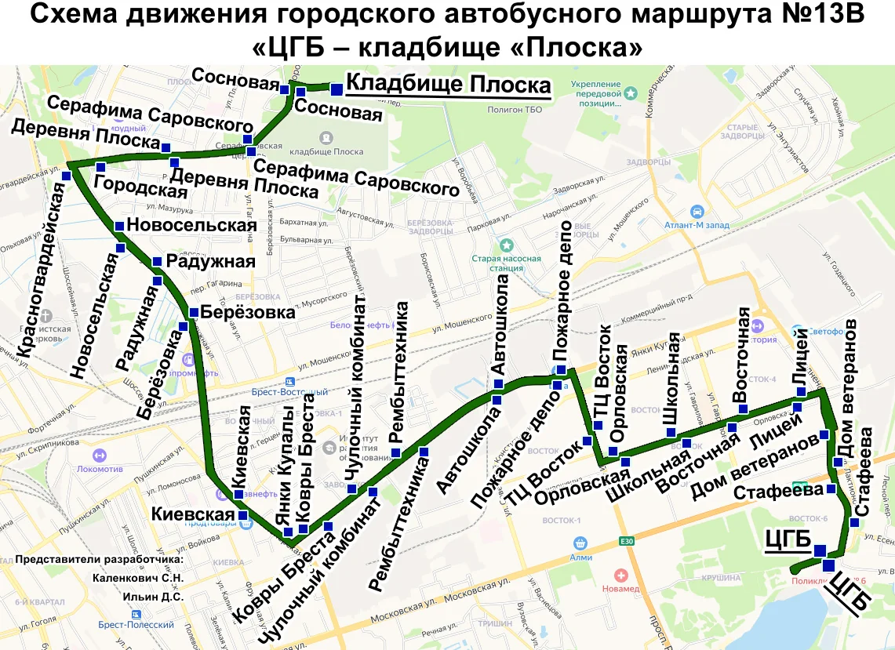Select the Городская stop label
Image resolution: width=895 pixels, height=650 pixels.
click(x=140, y=187)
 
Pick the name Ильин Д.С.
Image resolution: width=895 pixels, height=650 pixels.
click(x=153, y=597)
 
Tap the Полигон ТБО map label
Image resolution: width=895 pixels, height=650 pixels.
click(x=515, y=110)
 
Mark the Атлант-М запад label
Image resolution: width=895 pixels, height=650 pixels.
click(x=697, y=223)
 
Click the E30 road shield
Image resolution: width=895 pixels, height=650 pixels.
click(x=626, y=541)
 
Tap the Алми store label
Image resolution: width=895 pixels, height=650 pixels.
click(x=580, y=557)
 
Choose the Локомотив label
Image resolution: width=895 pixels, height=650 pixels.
click(x=100, y=469)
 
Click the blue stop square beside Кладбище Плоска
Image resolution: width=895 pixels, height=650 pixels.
click(x=336, y=89)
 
